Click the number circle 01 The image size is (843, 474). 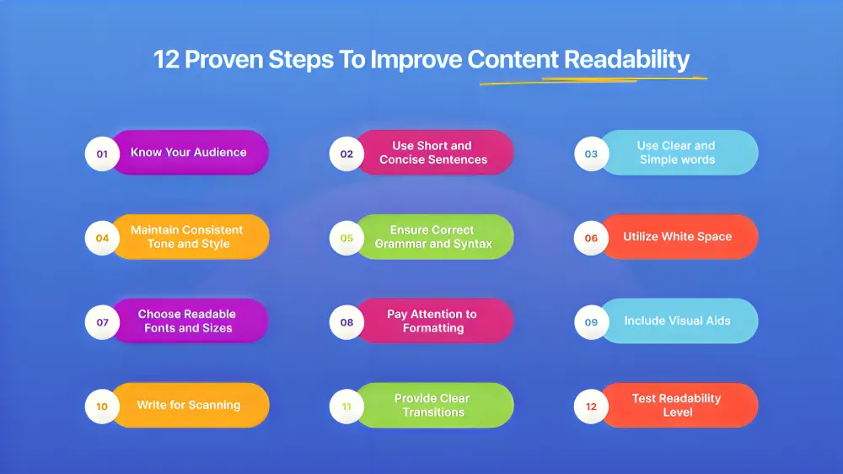coord(102,154)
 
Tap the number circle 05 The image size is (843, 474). coord(346,238)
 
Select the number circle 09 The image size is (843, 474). coord(592,322)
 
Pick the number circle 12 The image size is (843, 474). coord(592,407)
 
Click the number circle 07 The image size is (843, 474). coord(102,322)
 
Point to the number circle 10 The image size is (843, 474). coord(102,407)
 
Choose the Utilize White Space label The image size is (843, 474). coord(678,237)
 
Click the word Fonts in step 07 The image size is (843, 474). coord(159,328)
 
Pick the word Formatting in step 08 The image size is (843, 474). coord(433,328)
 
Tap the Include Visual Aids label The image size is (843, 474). coord(678,320)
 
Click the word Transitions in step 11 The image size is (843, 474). coord(433,412)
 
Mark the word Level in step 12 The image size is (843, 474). coord(678,412)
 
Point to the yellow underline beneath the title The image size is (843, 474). coord(593,81)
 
